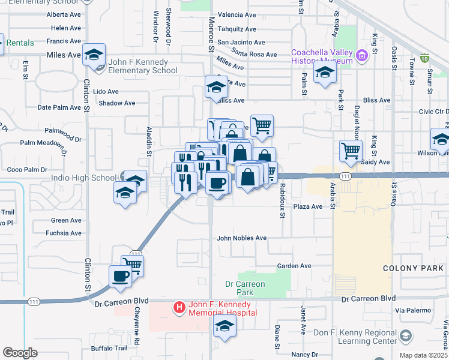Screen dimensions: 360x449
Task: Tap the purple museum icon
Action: (361, 57)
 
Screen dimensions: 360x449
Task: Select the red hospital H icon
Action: (179, 308)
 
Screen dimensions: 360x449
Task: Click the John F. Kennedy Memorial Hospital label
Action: (223, 308)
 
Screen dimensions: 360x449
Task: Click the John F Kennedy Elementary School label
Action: (143, 66)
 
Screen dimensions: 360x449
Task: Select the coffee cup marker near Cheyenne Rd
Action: (120, 276)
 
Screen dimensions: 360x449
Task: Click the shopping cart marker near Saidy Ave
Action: (351, 151)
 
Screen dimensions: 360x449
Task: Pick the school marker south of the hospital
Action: (225, 326)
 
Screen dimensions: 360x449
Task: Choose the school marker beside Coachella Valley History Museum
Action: (325, 73)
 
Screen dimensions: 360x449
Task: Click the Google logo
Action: (20, 353)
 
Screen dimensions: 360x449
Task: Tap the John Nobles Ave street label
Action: (241, 238)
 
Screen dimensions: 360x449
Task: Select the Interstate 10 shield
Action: (424, 58)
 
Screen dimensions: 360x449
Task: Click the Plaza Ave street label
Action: (308, 206)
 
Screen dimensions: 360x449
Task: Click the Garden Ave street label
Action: (294, 266)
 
